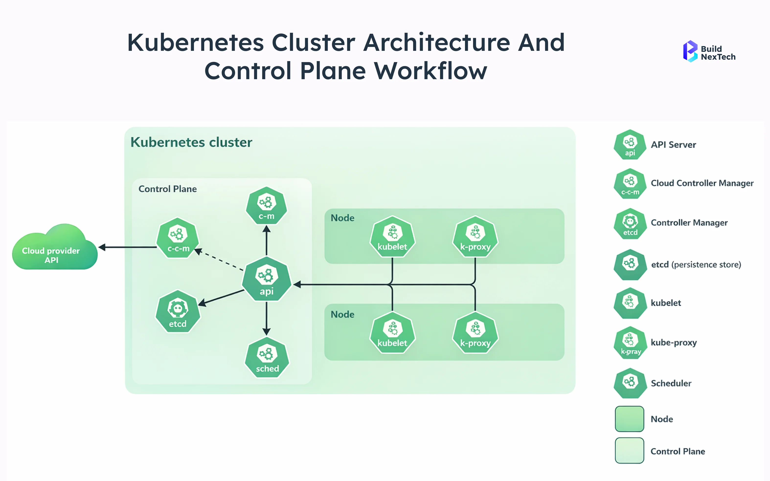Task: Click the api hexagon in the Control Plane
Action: tap(266, 279)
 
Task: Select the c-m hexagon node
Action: tap(266, 206)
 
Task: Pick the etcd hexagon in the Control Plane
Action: tap(178, 311)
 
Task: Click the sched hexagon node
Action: tap(267, 358)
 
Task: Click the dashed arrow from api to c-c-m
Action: tap(220, 260)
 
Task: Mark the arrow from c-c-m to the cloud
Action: tap(127, 247)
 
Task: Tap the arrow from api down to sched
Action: tap(266, 318)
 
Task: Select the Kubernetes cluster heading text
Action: tap(191, 142)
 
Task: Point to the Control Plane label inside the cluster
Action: tap(168, 189)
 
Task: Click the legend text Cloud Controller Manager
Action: tap(702, 183)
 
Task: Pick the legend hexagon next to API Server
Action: tap(630, 145)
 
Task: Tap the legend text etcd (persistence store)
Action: tap(696, 265)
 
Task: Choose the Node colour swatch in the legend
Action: tap(629, 419)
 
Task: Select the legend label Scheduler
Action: tap(671, 383)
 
